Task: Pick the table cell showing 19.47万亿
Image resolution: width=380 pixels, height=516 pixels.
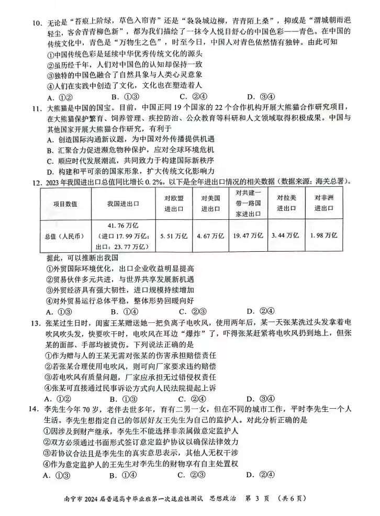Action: [x=248, y=235]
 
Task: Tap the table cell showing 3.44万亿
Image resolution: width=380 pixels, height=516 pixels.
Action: [x=285, y=235]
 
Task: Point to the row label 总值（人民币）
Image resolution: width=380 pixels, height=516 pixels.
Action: [x=65, y=235]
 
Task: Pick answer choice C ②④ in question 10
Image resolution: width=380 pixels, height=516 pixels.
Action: [x=194, y=97]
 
